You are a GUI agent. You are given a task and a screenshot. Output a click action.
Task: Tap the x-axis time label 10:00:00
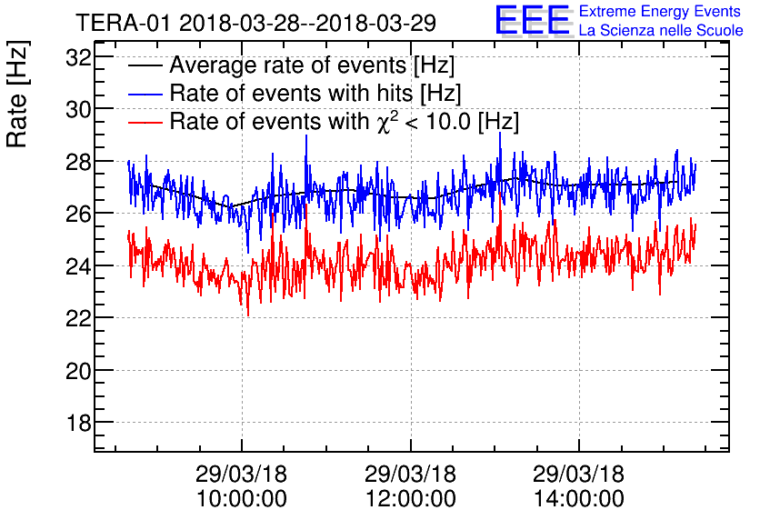[241, 498]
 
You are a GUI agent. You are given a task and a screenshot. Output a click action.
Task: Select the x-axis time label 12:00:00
[410, 498]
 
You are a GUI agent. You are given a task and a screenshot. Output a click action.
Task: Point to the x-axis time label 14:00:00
[579, 498]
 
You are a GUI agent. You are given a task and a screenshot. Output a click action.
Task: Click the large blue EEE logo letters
[533, 21]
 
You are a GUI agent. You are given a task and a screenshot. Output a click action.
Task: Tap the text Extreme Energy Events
[660, 12]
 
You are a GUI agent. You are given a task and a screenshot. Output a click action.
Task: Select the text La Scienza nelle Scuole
[661, 31]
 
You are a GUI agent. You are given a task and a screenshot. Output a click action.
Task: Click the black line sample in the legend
[145, 66]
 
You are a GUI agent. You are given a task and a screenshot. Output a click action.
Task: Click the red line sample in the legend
[145, 121]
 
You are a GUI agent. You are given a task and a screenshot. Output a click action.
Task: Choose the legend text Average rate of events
[312, 65]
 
